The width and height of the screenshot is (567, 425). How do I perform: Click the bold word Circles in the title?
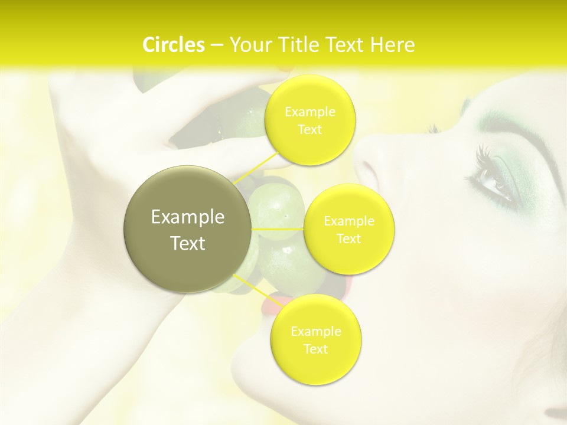(173, 45)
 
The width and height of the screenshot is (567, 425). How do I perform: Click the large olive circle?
(187, 229)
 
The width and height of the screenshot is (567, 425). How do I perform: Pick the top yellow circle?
(310, 120)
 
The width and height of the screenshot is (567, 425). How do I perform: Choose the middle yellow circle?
(349, 230)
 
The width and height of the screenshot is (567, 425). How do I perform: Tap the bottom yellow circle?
(315, 340)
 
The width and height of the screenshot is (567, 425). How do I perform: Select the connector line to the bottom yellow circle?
(254, 289)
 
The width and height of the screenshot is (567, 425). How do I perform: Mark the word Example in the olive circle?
(187, 217)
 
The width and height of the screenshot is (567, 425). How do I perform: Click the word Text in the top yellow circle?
(309, 129)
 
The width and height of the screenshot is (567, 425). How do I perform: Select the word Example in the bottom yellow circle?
(315, 332)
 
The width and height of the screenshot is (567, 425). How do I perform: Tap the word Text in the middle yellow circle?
(348, 238)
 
